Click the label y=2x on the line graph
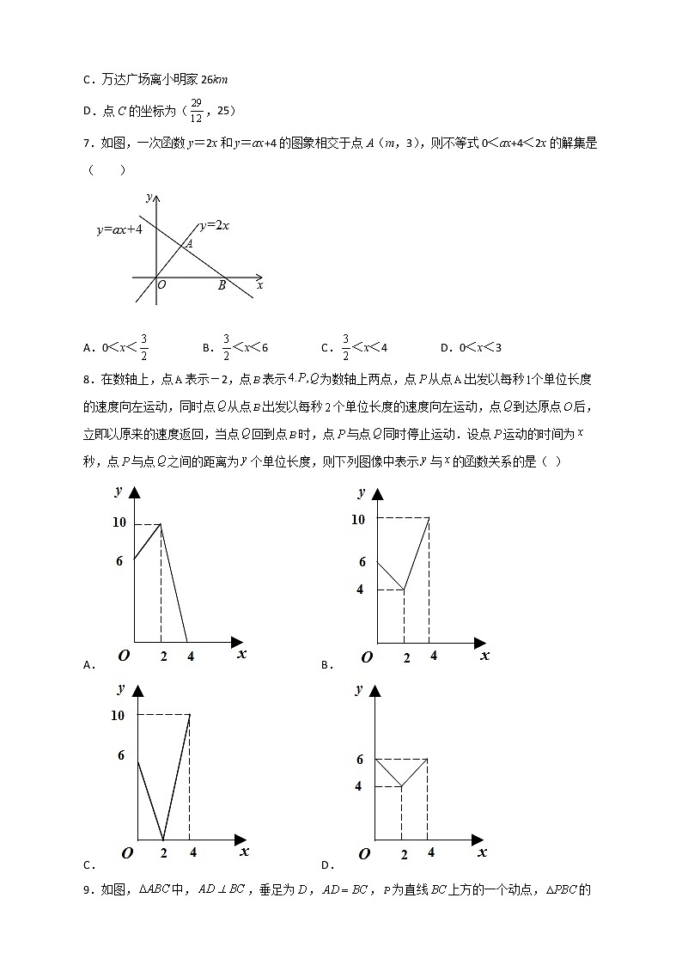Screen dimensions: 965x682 point(214,225)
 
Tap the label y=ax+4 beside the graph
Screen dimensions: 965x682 point(119,229)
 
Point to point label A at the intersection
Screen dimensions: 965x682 point(189,243)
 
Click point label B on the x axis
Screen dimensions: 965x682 point(222,286)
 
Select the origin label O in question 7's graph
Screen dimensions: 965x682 point(161,286)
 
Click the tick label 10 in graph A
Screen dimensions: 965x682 point(119,522)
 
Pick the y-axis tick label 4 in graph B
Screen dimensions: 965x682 point(360,589)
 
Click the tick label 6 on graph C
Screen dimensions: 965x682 point(121,755)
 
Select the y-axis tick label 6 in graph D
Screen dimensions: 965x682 point(360,760)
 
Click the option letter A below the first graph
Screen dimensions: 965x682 point(88,664)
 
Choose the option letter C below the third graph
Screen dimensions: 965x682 point(88,865)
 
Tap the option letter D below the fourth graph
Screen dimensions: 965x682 point(326,865)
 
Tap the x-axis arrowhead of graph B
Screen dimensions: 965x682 point(480,643)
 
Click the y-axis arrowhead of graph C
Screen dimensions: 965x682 point(137,689)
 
